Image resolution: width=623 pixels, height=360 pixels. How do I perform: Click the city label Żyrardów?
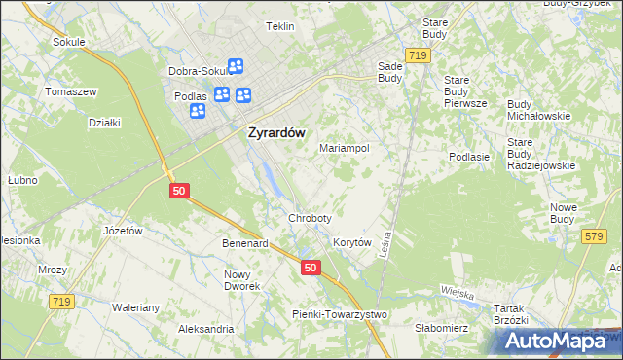273,134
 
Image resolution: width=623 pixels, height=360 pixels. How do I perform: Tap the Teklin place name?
280,26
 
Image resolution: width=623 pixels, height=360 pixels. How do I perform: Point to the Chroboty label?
310,218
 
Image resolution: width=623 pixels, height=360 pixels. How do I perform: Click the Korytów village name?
353,242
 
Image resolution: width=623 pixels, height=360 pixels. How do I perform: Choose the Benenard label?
244,243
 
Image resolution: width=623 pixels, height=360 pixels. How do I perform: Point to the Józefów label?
124,231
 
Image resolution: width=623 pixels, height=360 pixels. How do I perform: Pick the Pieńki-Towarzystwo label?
341,314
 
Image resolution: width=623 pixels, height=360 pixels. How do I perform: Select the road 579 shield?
593,236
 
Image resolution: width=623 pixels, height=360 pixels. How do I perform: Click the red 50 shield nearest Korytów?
310,268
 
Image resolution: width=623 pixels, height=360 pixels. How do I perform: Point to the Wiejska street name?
456,293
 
